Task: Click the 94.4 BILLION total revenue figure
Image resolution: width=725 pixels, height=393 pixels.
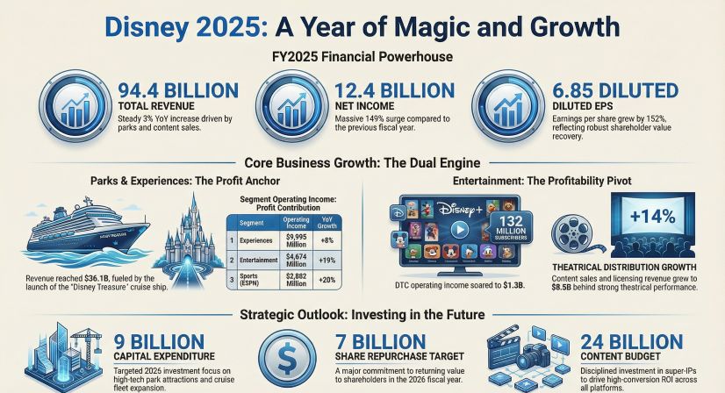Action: tap(176, 90)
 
